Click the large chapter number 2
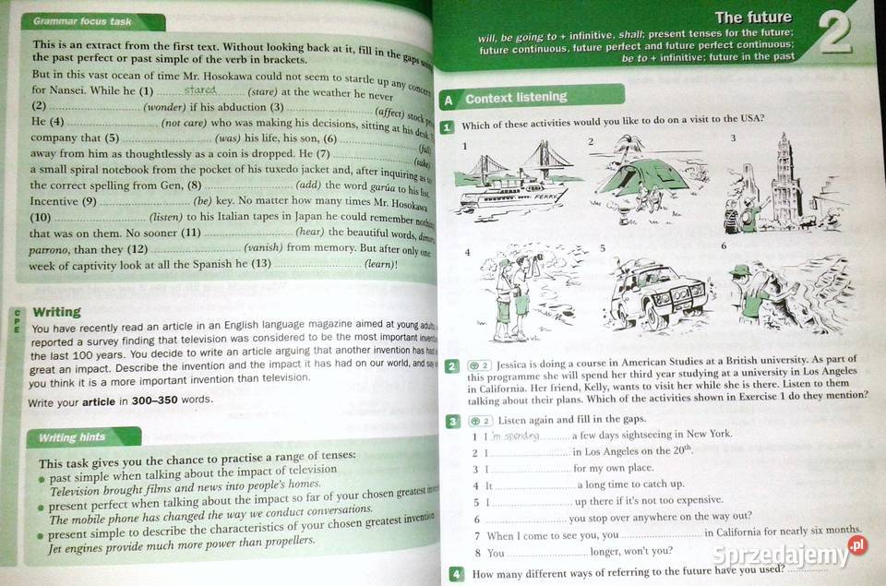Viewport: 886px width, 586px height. (x=834, y=38)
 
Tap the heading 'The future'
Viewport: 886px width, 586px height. (x=753, y=17)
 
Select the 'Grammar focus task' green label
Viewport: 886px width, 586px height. (x=82, y=21)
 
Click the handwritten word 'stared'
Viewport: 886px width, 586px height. (x=200, y=90)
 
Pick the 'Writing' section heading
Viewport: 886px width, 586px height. (x=56, y=312)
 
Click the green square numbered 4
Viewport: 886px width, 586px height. (x=456, y=573)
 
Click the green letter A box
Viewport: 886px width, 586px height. (x=448, y=100)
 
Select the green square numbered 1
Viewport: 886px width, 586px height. (x=448, y=126)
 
